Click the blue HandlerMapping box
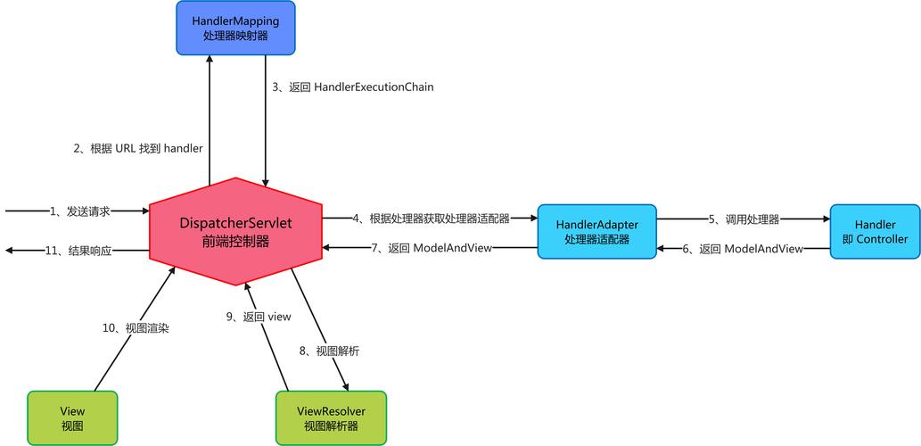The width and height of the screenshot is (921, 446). coord(235,28)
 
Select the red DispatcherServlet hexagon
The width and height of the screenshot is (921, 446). coord(235,231)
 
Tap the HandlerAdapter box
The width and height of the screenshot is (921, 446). coord(597,231)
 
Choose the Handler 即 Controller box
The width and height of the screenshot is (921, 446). coord(875,231)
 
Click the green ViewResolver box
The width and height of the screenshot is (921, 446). coord(331,417)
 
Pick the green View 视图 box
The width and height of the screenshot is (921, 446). coord(72,417)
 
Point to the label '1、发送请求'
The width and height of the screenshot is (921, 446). coord(80,211)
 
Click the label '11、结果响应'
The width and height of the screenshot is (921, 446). coord(78,251)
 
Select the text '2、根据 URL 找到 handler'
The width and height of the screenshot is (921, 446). coord(137,148)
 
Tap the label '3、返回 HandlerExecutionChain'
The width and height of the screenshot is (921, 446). coord(353,87)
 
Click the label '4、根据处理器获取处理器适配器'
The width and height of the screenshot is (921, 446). coord(431,218)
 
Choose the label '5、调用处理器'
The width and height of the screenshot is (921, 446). coord(744,219)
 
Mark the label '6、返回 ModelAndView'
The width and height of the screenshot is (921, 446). coord(743,249)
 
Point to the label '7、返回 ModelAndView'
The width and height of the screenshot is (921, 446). coord(432,248)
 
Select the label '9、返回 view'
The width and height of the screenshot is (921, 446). coord(259,317)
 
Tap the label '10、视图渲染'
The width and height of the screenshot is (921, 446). coord(136,328)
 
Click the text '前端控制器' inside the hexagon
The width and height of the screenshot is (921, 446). coord(235,241)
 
